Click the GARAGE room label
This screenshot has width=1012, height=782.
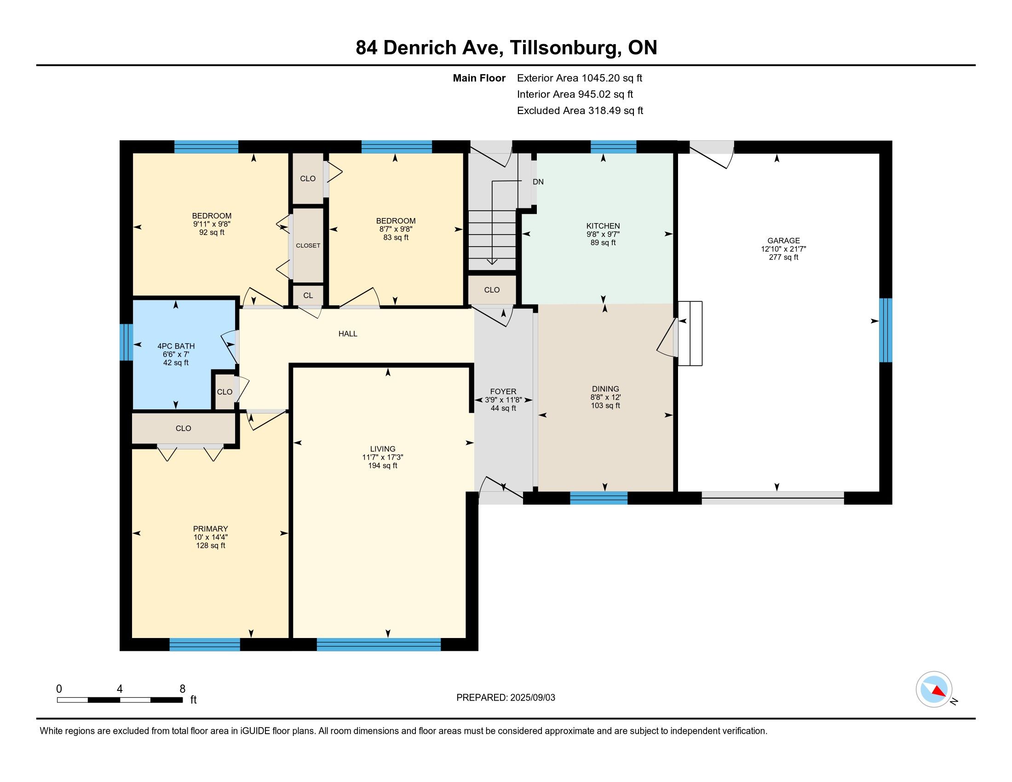click(783, 241)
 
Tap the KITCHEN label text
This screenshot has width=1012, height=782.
click(603, 226)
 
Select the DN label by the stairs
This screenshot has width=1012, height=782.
click(538, 182)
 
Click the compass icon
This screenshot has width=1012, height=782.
click(934, 689)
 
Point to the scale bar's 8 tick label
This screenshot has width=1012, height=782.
click(183, 689)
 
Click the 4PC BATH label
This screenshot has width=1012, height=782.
click(176, 346)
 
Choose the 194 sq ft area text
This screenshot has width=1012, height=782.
click(383, 466)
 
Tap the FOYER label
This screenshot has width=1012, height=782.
click(503, 391)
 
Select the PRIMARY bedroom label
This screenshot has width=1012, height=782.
click(210, 529)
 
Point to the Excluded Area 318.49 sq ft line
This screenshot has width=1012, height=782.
click(580, 111)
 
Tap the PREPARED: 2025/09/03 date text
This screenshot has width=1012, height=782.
click(506, 698)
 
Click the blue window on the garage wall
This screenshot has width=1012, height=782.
click(885, 330)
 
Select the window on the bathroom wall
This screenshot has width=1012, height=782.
click(126, 342)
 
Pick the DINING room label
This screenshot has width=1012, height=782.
click(605, 389)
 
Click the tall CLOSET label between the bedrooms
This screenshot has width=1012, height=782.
click(308, 246)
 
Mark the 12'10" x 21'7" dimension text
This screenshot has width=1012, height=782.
click(783, 249)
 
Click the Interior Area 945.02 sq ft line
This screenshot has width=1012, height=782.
click(575, 94)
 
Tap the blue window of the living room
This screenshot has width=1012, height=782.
click(379, 644)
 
